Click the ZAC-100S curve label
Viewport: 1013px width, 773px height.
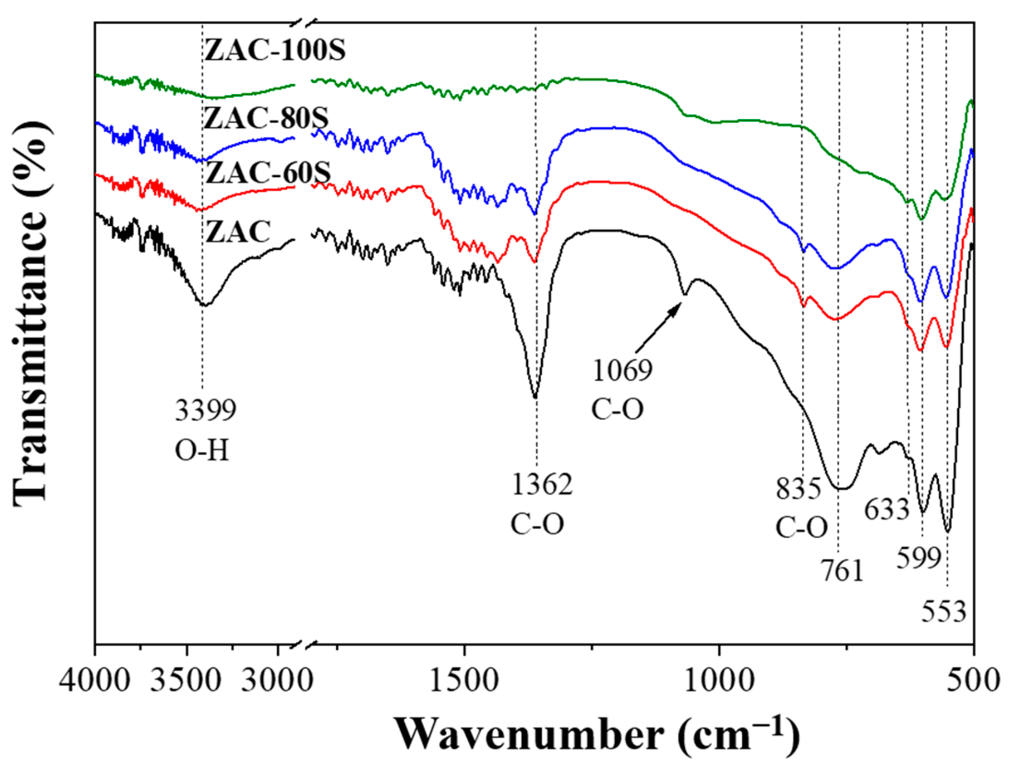275,50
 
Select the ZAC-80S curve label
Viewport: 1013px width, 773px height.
267,119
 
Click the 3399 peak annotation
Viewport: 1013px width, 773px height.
205,410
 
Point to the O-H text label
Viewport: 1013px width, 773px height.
202,450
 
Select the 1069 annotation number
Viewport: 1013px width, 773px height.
623,370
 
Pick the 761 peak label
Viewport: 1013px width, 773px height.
842,571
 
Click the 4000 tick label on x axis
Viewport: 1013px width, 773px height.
95,682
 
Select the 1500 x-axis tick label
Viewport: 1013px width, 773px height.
463,682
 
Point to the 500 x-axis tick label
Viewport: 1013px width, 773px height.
973,682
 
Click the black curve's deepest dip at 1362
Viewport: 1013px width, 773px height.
535,397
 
